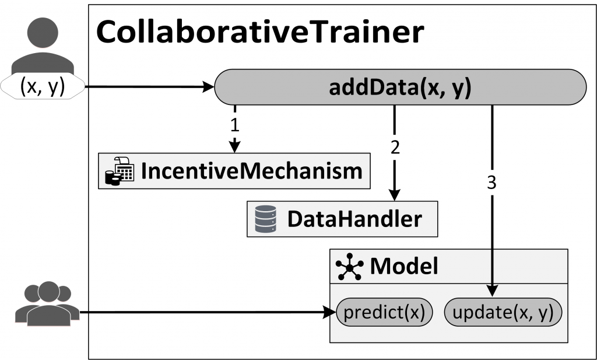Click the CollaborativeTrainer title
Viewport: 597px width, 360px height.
point(259,33)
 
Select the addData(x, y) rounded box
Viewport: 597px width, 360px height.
point(401,87)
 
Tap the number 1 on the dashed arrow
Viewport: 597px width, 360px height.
point(234,124)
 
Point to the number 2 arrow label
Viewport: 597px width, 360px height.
point(395,147)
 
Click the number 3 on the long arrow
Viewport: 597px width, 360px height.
point(491,183)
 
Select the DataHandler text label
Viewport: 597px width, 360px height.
point(354,219)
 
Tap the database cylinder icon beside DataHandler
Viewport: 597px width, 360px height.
point(265,219)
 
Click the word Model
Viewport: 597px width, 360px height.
point(404,266)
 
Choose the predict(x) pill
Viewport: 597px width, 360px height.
point(385,313)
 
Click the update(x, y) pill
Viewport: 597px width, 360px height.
point(503,313)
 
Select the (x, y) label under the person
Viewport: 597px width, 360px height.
point(43,86)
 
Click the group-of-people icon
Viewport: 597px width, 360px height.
point(47,303)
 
